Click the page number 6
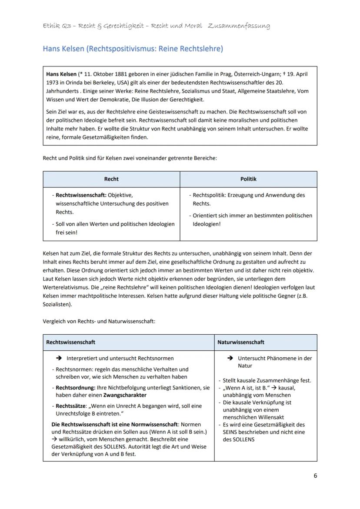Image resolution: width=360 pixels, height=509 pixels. pyautogui.click(x=315, y=476)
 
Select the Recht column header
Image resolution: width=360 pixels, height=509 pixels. pyautogui.click(x=111, y=179)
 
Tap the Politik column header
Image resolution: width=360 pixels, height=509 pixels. pyautogui.click(x=248, y=179)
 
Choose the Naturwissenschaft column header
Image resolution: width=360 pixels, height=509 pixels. pyautogui.click(x=240, y=342)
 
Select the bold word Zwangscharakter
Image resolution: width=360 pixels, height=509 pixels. pyautogui.click(x=124, y=395)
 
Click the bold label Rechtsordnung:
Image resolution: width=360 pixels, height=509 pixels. pyautogui.click(x=72, y=387)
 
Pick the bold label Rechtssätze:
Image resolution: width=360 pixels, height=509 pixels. pyautogui.click(x=70, y=406)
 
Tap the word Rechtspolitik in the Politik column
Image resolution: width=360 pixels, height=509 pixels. pyautogui.click(x=209, y=195)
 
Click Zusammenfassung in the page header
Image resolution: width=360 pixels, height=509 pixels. pyautogui.click(x=239, y=26)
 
